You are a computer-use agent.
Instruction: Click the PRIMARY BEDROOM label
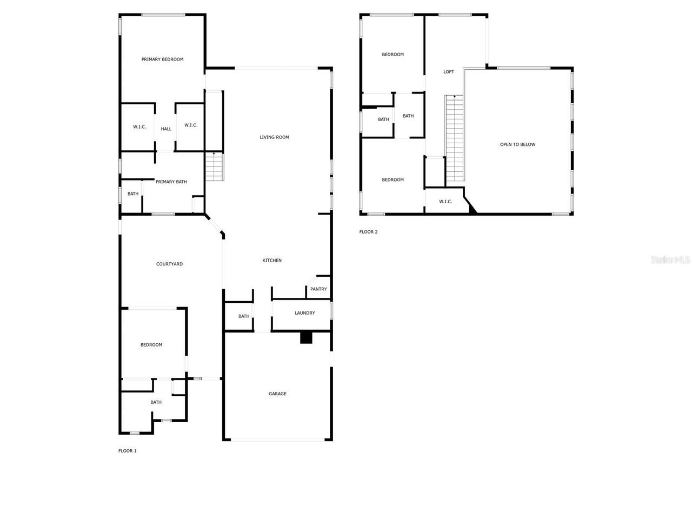(162, 59)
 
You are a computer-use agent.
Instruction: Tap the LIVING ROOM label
(274, 137)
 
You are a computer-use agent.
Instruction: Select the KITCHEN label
(272, 261)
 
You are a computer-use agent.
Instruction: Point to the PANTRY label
(318, 289)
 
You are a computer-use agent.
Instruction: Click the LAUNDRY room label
(305, 313)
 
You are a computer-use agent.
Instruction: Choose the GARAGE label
(277, 394)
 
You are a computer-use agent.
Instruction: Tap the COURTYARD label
(169, 264)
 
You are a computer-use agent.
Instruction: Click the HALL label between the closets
(166, 129)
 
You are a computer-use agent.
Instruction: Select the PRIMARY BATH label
(171, 182)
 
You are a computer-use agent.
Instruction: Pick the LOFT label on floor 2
(449, 72)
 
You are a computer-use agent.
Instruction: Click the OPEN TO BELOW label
(517, 145)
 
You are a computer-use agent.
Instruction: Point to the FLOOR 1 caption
(128, 451)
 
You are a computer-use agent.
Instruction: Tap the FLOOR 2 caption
(369, 232)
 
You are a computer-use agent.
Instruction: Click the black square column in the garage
(306, 337)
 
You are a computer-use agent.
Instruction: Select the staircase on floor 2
(455, 138)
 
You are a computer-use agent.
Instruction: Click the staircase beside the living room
(214, 167)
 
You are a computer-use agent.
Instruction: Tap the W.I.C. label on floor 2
(445, 202)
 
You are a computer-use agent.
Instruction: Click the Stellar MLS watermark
(670, 260)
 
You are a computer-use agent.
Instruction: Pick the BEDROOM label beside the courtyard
(151, 345)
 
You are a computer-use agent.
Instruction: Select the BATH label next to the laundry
(244, 316)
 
